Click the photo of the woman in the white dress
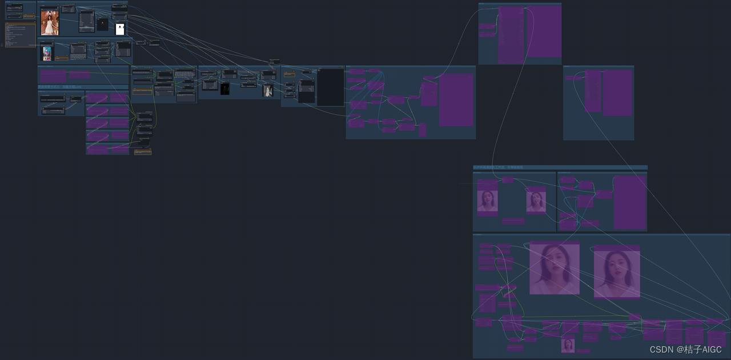(50, 23)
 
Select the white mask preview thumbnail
(120, 29)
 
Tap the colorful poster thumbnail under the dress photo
(47, 54)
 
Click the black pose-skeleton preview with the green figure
(225, 89)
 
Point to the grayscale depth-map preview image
(268, 91)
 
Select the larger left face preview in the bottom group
(555, 269)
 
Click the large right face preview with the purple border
(617, 273)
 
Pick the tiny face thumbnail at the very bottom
(568, 345)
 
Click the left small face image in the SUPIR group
(487, 201)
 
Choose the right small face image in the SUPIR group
(536, 202)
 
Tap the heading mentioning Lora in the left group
(60, 87)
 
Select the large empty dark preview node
(330, 87)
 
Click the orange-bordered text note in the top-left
(21, 35)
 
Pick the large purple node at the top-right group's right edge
(544, 31)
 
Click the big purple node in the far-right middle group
(617, 93)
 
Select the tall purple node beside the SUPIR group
(629, 202)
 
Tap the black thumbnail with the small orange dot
(102, 24)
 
